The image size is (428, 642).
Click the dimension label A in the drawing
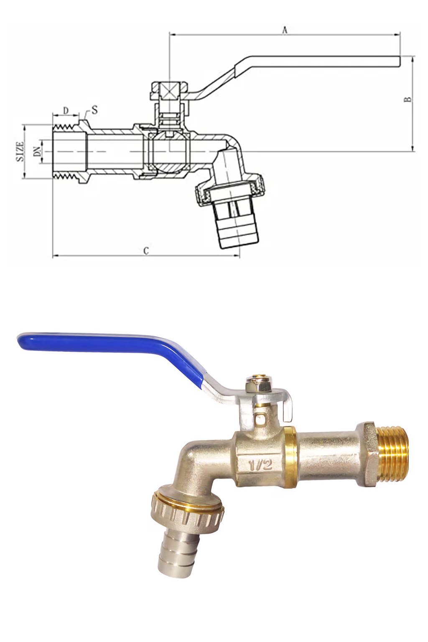[x=285, y=30]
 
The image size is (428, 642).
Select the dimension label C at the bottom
[x=146, y=251]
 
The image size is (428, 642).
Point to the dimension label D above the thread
[x=66, y=110]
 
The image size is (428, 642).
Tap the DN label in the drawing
[x=38, y=151]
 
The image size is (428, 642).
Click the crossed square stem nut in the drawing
[x=169, y=91]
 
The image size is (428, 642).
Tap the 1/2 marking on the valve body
[x=260, y=464]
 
